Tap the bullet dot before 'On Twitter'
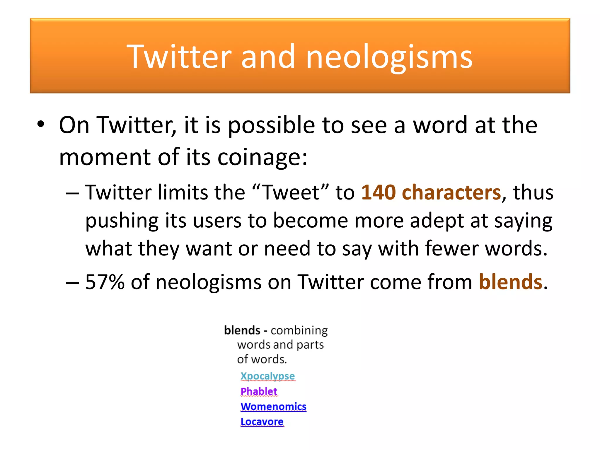pyautogui.click(x=41, y=124)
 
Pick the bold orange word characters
pyautogui.click(x=451, y=192)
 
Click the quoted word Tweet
pyautogui.click(x=290, y=192)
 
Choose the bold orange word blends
pyautogui.click(x=510, y=282)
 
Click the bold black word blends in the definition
pyautogui.click(x=242, y=330)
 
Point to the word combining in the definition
pyautogui.click(x=299, y=330)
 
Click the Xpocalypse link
pyautogui.click(x=267, y=376)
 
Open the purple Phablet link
pyautogui.click(x=259, y=391)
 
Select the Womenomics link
pyautogui.click(x=273, y=407)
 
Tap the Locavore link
pyautogui.click(x=262, y=422)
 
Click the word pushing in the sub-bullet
pyautogui.click(x=122, y=221)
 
